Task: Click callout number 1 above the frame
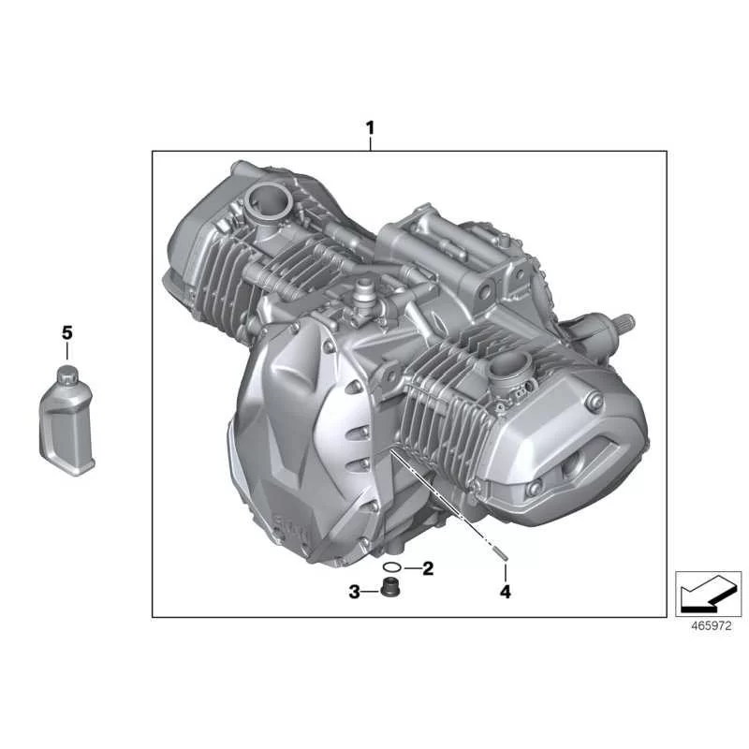coord(370,128)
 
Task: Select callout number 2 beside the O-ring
coord(428,568)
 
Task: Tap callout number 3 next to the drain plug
coord(354,592)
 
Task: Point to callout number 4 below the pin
coord(505,592)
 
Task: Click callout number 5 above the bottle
coord(67,333)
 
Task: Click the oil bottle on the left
coord(66,420)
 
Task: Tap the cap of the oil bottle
coord(67,373)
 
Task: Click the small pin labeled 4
coord(502,554)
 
